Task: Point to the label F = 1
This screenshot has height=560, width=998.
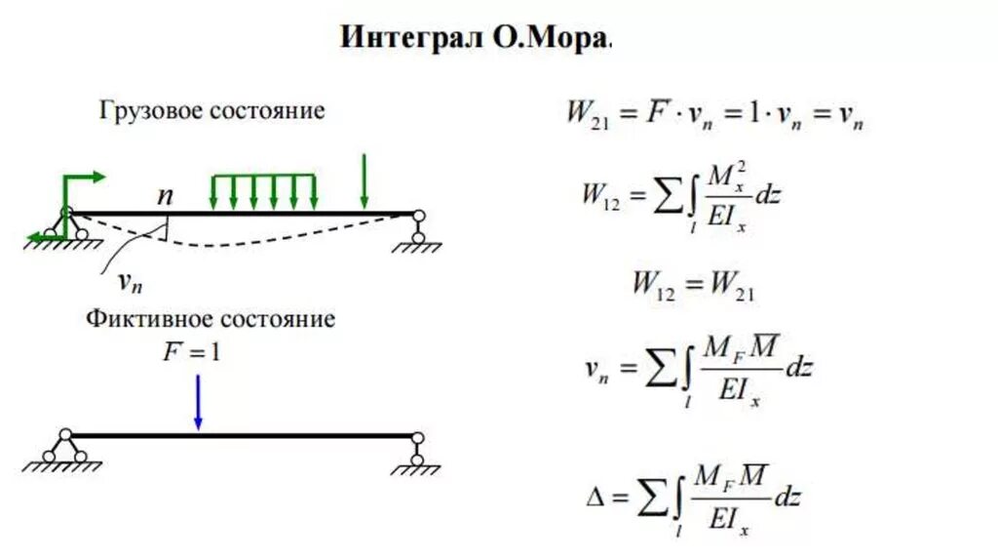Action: click(192, 351)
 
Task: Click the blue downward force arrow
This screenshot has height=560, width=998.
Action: click(198, 402)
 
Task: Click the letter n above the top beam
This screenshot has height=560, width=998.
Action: click(166, 195)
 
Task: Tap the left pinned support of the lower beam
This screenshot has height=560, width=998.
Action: click(64, 449)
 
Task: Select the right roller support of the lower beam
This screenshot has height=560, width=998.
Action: click(417, 451)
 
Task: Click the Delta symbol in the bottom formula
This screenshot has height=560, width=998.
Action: click(595, 498)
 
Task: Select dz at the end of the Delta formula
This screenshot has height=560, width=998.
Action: click(787, 497)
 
